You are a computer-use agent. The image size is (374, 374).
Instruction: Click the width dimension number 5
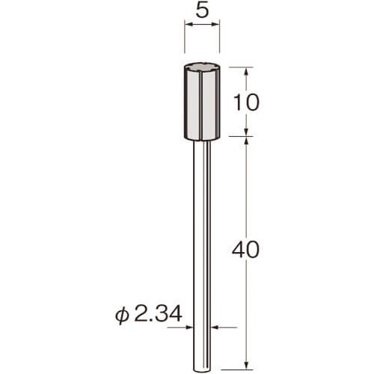point(202,10)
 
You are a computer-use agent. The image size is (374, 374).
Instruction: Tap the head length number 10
point(246,102)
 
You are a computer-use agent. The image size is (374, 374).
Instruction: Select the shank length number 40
point(245,249)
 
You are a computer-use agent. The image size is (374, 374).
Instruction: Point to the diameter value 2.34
point(158,314)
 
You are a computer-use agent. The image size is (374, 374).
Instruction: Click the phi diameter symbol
point(122,316)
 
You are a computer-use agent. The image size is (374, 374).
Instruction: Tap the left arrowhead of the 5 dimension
point(188,24)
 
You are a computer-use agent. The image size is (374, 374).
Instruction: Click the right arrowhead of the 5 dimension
point(215,24)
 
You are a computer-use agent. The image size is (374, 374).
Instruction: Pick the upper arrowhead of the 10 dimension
point(246,71)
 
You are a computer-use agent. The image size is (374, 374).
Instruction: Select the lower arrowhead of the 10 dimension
point(246,132)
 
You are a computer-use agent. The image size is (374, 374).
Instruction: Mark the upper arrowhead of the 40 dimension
point(246,141)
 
